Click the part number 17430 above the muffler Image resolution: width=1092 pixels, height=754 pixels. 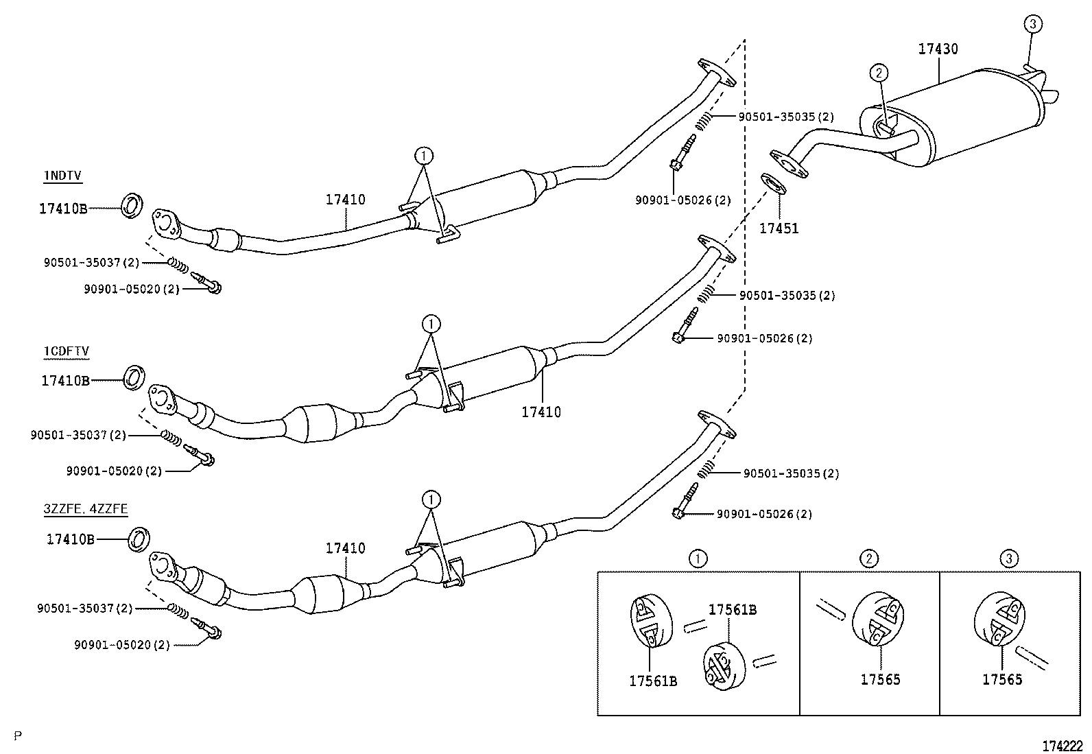pos(938,49)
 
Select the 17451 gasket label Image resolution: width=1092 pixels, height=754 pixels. pos(779,228)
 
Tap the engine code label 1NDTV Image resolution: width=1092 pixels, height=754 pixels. pos(62,176)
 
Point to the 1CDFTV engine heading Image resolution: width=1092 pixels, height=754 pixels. pos(66,351)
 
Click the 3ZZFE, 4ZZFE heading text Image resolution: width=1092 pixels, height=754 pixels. pos(86,509)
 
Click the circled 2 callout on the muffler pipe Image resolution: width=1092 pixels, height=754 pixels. pos(879,72)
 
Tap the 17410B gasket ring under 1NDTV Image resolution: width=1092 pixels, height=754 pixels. pos(132,205)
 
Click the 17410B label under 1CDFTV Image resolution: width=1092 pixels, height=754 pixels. pos(65,380)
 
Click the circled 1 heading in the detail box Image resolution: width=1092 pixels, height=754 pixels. pos(698,558)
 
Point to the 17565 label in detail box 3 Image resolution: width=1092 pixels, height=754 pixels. pos(1002,679)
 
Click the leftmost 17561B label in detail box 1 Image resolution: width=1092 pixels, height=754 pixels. pos(653,681)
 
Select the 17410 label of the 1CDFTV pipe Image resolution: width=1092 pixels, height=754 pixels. pos(541,412)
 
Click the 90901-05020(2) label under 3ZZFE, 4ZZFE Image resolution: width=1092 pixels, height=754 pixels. pos(121,645)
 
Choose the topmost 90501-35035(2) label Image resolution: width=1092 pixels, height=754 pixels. pos(786,117)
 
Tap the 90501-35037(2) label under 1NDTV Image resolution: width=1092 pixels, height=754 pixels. pos(91,262)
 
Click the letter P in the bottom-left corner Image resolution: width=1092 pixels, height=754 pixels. pos(18,736)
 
